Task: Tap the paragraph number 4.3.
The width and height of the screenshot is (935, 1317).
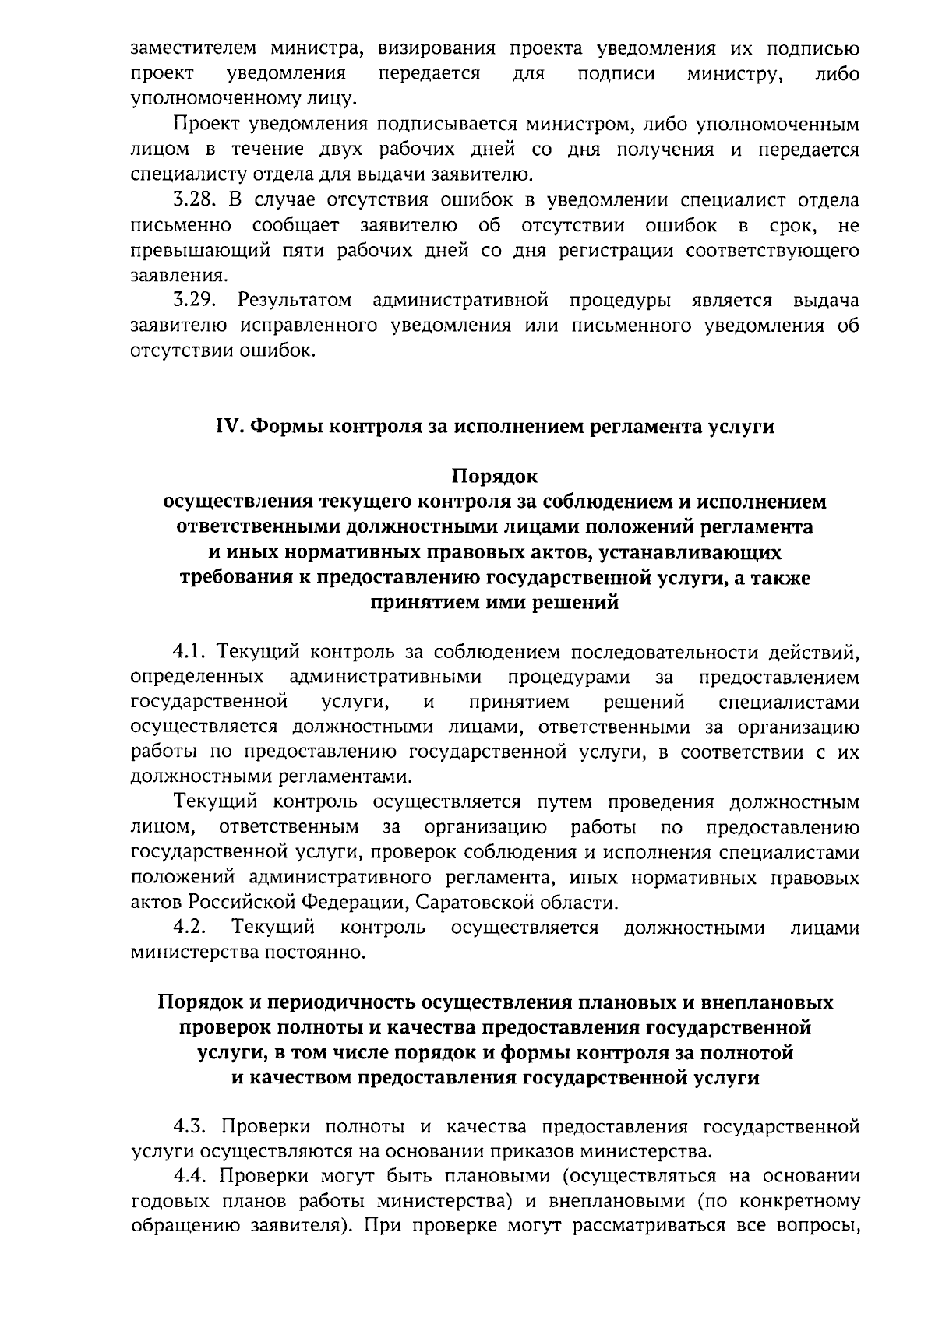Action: [192, 1126]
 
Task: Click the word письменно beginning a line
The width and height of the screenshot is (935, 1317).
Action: [181, 226]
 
